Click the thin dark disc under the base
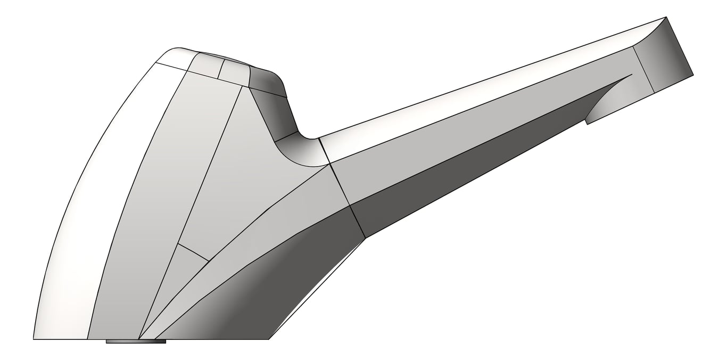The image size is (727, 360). (x=136, y=341)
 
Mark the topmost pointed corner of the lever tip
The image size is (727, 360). (x=666, y=18)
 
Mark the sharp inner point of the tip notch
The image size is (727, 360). (x=632, y=74)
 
